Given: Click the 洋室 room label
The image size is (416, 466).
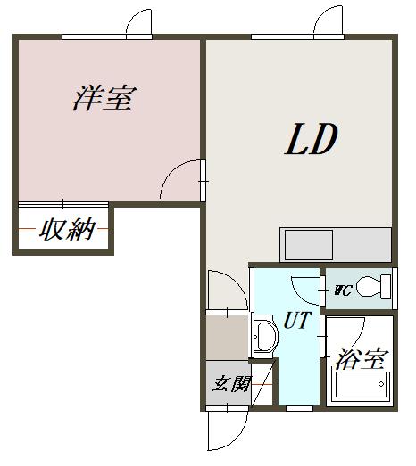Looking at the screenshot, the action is [104, 98].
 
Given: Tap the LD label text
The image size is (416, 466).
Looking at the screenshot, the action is [312, 139].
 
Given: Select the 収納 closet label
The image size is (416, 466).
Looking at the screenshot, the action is [67, 229].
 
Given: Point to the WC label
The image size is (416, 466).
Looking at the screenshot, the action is [344, 290].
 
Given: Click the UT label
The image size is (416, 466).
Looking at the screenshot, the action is [297, 320].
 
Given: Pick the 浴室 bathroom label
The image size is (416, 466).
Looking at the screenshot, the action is [362, 359].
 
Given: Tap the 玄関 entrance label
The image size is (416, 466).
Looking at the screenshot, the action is [232, 384].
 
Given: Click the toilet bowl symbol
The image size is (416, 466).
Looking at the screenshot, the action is [373, 287].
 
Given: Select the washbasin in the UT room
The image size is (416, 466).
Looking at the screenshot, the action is [265, 337].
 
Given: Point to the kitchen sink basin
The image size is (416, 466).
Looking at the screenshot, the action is [309, 245].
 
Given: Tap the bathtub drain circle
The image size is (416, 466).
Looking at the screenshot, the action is [381, 384].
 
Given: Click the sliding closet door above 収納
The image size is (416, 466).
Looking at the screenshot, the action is [63, 204].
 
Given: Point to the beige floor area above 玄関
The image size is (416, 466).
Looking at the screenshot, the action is [227, 338].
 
